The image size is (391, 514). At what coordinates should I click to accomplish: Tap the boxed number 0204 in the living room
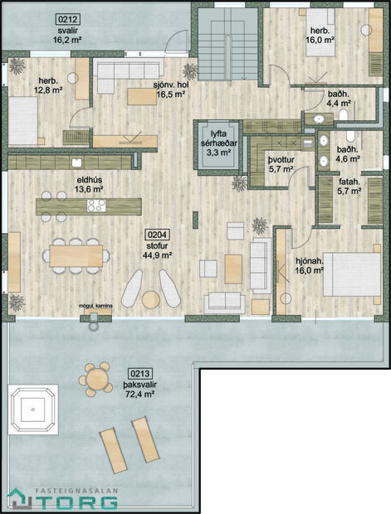click(155, 235)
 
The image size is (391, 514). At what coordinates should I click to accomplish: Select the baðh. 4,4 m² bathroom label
click(338, 99)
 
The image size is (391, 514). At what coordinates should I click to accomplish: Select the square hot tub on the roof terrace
click(34, 409)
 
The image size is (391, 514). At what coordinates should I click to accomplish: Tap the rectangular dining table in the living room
click(75, 253)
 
